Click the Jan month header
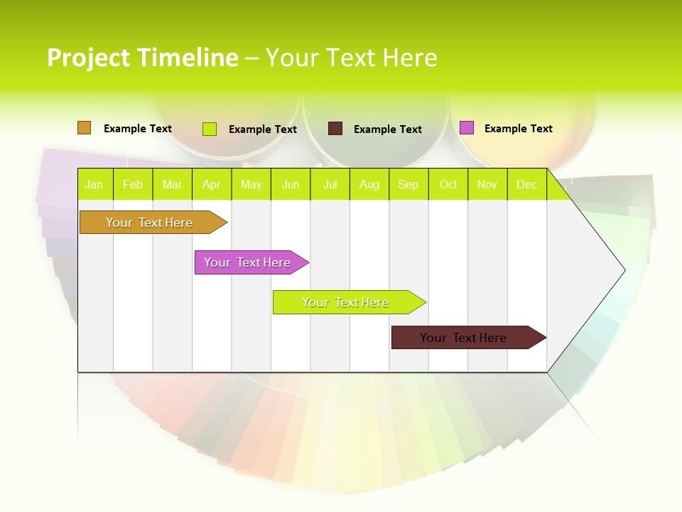point(94,185)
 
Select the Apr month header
point(212,185)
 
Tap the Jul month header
point(330,185)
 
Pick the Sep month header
point(408,185)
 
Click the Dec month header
point(526,185)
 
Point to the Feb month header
point(133,185)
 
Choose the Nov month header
point(487,185)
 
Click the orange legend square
point(84,128)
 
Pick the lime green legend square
point(210,129)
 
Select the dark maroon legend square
point(335,129)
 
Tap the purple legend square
point(467,128)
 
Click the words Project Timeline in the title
point(142,58)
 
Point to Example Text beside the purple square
point(518,129)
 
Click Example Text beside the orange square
point(138,129)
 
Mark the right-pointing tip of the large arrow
point(624,270)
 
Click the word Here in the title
point(410,58)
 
